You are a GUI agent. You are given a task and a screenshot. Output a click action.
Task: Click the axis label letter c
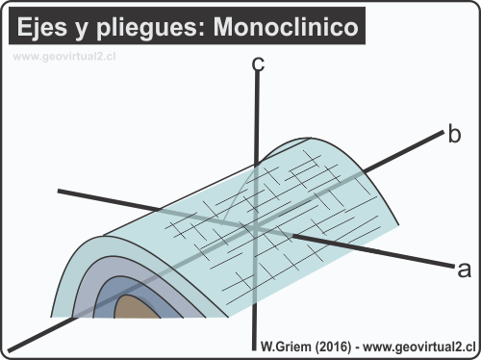click(x=257, y=65)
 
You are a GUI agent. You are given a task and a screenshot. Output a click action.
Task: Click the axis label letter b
click(x=455, y=134)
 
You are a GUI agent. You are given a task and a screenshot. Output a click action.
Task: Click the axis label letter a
click(x=464, y=267)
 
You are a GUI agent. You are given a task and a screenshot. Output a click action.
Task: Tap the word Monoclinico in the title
click(x=298, y=28)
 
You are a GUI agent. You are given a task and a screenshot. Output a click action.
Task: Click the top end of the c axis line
click(x=257, y=79)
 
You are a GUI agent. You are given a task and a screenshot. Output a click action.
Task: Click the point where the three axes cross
click(x=256, y=227)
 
